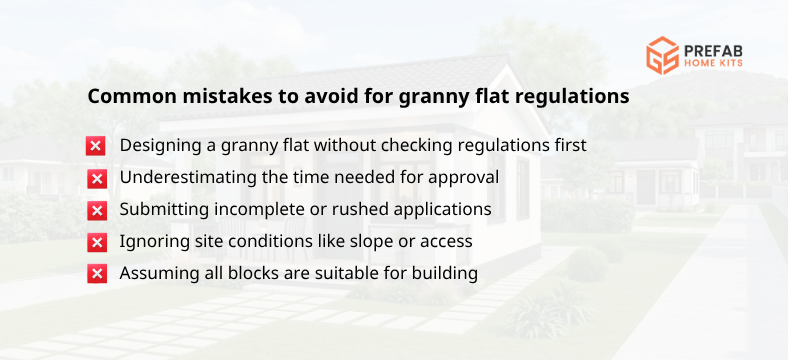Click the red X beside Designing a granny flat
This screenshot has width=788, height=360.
tap(97, 146)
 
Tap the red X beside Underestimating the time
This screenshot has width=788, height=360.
tap(97, 178)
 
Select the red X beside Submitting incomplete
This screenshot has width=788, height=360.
tap(97, 210)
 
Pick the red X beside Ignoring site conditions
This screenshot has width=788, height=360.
tap(97, 242)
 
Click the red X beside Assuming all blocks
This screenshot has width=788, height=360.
tap(97, 273)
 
